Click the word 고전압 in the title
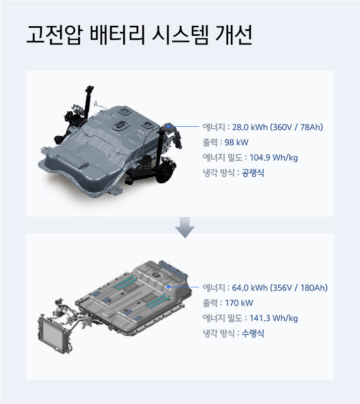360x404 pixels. click(x=53, y=37)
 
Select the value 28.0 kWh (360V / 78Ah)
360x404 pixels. click(x=277, y=127)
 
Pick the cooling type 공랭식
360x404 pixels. click(x=253, y=173)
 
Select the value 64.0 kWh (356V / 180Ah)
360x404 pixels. click(x=280, y=288)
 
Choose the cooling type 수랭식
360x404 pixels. click(x=253, y=333)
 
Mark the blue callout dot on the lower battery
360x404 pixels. click(x=169, y=287)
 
